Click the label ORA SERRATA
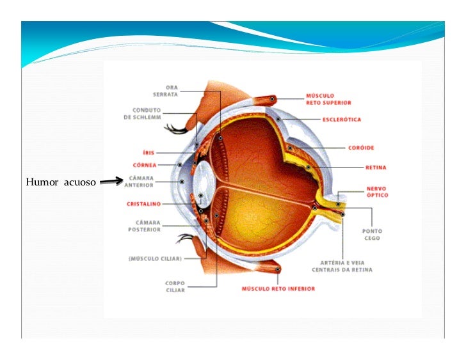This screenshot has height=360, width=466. click(x=172, y=90)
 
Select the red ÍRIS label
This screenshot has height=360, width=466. click(x=148, y=153)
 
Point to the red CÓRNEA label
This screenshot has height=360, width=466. click(x=145, y=164)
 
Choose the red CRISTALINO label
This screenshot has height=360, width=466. click(x=143, y=204)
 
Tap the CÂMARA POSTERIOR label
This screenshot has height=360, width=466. click(x=144, y=226)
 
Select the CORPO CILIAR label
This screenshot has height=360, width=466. click(x=175, y=286)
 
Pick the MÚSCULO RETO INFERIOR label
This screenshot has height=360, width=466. click(x=278, y=288)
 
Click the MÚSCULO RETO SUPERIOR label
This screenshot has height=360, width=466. click(x=328, y=99)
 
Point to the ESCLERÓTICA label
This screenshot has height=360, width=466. click(x=341, y=120)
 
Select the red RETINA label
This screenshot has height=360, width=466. click(x=376, y=168)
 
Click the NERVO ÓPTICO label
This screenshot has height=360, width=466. click(x=376, y=192)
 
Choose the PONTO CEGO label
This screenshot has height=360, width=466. click(x=371, y=234)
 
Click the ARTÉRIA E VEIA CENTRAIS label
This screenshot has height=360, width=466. click(x=342, y=266)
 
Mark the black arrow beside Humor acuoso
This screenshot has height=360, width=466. click(x=111, y=183)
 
